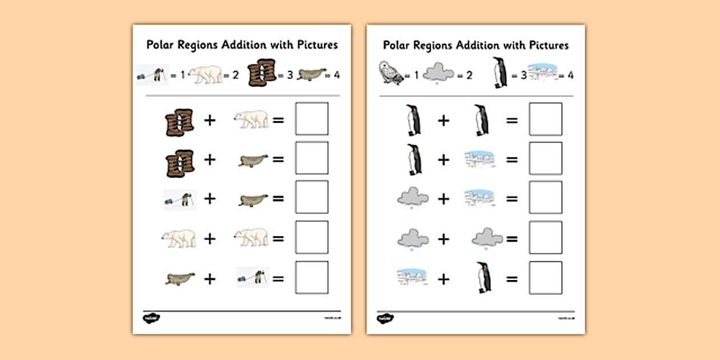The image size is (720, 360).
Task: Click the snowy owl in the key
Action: click(391, 74)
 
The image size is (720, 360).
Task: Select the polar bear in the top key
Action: click(205, 74)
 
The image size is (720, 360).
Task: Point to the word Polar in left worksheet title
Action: click(161, 45)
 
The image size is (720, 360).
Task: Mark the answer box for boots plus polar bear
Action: click(311, 119)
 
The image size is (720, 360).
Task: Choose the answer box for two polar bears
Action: click(311, 237)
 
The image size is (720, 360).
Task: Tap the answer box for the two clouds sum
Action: click(545, 237)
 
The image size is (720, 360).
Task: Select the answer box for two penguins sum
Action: click(545, 119)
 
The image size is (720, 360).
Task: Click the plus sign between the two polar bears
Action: click(210, 238)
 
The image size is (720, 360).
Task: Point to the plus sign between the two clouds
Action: click(443, 238)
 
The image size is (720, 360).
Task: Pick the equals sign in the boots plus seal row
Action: click(278, 159)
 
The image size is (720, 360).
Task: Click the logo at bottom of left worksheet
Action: click(151, 318)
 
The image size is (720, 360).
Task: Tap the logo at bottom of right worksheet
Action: click(385, 318)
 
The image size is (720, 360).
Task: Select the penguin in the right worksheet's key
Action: click(499, 73)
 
